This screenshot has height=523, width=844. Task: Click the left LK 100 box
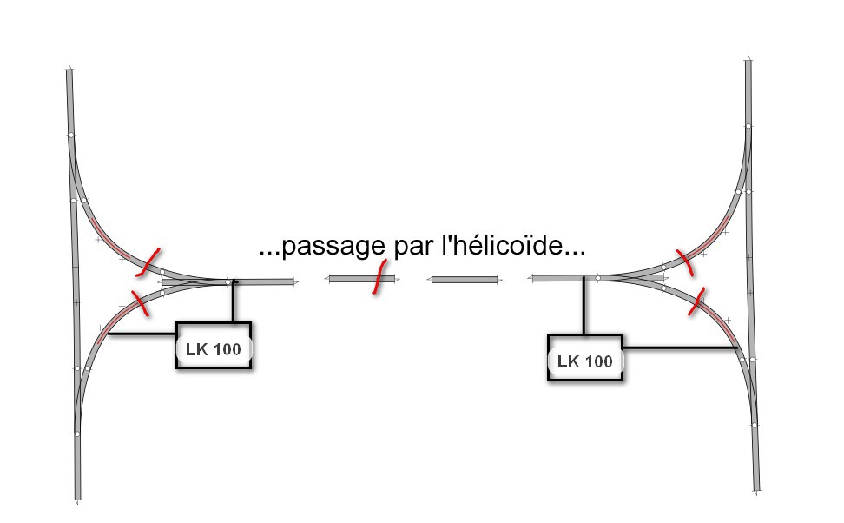click(214, 345)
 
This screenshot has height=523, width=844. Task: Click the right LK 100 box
click(585, 358)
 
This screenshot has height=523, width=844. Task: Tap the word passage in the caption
click(333, 247)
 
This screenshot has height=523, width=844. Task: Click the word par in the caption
click(413, 248)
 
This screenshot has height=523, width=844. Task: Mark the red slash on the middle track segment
click(379, 277)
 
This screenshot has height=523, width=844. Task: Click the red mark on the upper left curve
click(148, 262)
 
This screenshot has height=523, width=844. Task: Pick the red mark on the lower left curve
click(140, 303)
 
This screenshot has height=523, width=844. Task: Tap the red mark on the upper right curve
click(685, 263)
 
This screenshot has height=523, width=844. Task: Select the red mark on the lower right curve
click(696, 301)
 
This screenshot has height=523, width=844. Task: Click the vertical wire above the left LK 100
click(234, 301)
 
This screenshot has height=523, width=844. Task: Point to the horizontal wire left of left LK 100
click(142, 334)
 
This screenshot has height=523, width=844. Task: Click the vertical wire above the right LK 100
click(584, 306)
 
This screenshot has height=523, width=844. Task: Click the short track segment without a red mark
click(465, 280)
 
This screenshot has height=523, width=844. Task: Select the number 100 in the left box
click(227, 349)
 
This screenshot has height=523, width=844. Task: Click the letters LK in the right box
click(568, 361)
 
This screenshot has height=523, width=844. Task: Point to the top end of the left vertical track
click(69, 67)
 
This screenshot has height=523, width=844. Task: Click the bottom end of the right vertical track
click(756, 491)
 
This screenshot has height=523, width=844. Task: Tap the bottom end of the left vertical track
click(77, 500)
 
